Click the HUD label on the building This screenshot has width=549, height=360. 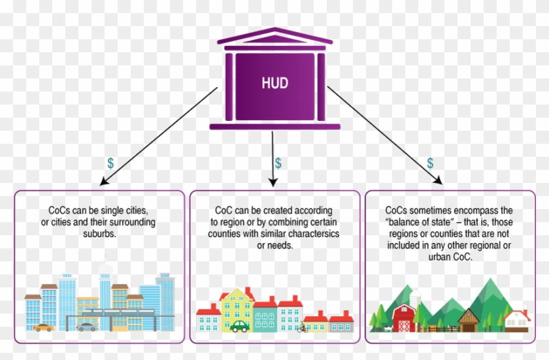pyautogui.click(x=274, y=84)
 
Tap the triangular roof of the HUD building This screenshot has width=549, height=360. pyautogui.click(x=274, y=36)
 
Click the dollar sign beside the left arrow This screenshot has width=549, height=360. pyautogui.click(x=110, y=163)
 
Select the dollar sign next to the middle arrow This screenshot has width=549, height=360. pyautogui.click(x=278, y=163)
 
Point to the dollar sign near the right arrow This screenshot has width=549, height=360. pyautogui.click(x=430, y=163)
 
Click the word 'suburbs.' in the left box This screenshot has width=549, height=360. pyautogui.click(x=97, y=233)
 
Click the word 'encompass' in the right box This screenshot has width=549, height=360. pyautogui.click(x=480, y=211)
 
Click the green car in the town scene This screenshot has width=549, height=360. pyautogui.click(x=240, y=325)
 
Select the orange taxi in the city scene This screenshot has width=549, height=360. pyautogui.click(x=44, y=326)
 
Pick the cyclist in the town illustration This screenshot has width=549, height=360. pyautogui.click(x=301, y=327)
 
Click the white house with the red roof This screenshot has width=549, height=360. pyautogui.click(x=518, y=319)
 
